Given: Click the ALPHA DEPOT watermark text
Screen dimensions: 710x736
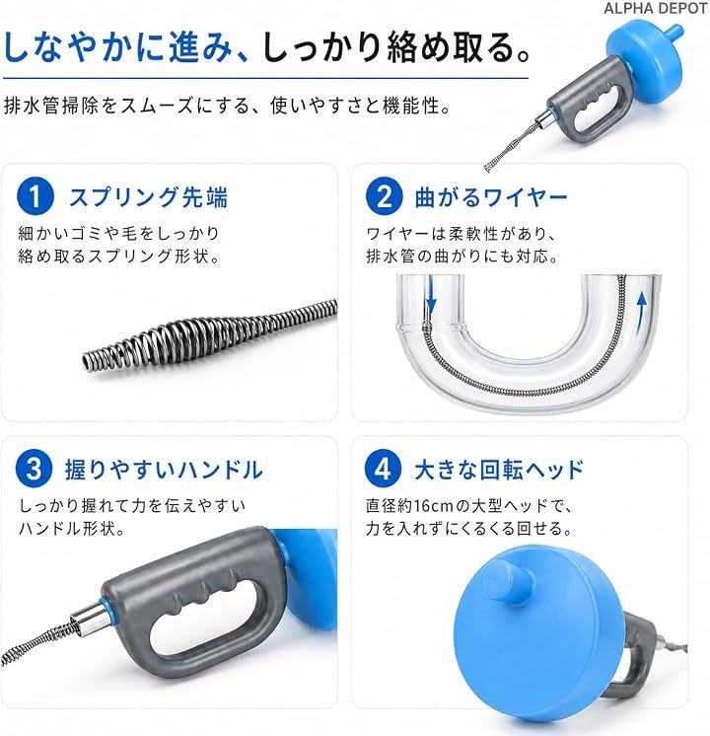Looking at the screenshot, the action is [655, 8].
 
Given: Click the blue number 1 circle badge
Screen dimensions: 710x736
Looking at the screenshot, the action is [35, 195].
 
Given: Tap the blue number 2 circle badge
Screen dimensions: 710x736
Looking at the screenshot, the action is [384, 195].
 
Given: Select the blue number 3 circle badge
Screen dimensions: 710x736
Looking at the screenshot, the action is [34, 468].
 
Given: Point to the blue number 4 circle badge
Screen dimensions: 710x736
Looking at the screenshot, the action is [383, 468].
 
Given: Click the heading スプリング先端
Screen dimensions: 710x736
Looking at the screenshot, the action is [148, 196].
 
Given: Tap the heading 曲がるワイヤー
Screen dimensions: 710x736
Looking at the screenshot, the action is [491, 197].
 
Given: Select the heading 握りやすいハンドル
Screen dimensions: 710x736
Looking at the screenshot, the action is [164, 470].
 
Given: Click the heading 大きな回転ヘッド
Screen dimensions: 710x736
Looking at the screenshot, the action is [499, 470].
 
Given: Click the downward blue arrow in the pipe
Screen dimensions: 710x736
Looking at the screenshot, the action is [431, 296].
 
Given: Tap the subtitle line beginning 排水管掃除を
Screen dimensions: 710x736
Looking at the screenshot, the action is [227, 106].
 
